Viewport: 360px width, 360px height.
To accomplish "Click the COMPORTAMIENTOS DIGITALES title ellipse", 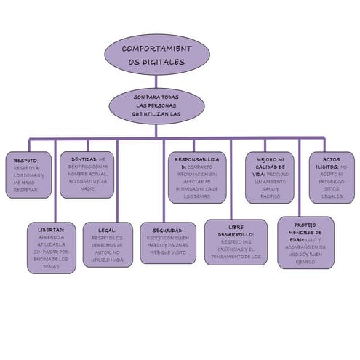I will (156, 55).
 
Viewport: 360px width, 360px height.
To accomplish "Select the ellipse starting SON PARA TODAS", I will (156, 106).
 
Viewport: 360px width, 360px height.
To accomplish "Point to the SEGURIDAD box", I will (168, 241).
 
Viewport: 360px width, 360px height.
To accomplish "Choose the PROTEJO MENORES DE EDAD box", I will (306, 241).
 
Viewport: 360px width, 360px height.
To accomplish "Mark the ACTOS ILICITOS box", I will (332, 177).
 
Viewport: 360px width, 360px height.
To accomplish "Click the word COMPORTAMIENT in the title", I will (156, 48).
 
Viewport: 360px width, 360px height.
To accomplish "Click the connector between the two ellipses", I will (156, 81).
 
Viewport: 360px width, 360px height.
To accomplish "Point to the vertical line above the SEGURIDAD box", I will (164, 182).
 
